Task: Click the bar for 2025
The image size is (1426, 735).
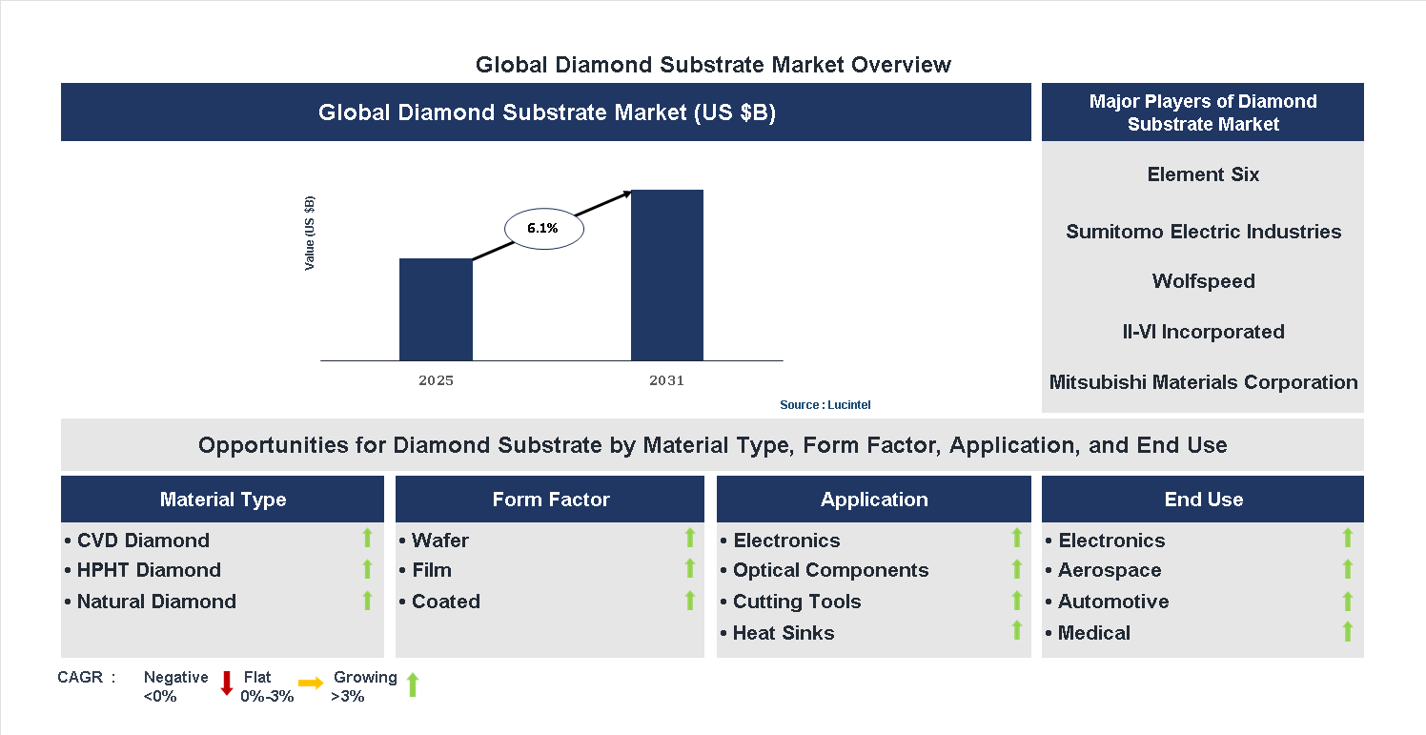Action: point(436,309)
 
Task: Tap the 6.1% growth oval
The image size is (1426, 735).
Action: point(543,229)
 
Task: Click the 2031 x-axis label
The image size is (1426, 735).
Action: point(667,380)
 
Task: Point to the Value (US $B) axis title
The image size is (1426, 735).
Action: point(310,234)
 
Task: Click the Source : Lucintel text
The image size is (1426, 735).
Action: point(825,405)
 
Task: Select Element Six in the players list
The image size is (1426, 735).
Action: point(1203,174)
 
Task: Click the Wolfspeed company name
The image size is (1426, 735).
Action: point(1203,281)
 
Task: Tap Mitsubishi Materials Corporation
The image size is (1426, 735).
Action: point(1203,382)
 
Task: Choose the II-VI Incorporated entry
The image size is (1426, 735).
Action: point(1203,332)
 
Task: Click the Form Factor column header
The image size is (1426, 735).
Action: point(550,500)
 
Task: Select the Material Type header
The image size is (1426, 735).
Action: point(222,500)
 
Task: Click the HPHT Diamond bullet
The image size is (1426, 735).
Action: point(148,570)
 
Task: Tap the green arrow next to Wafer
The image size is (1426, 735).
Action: point(690,539)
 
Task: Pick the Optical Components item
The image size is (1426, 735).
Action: point(829,570)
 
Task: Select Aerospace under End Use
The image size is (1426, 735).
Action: point(1109,570)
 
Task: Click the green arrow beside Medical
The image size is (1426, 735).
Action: point(1347,631)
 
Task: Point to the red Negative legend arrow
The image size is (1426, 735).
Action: point(227,683)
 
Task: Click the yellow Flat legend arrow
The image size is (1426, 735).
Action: point(311,683)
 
